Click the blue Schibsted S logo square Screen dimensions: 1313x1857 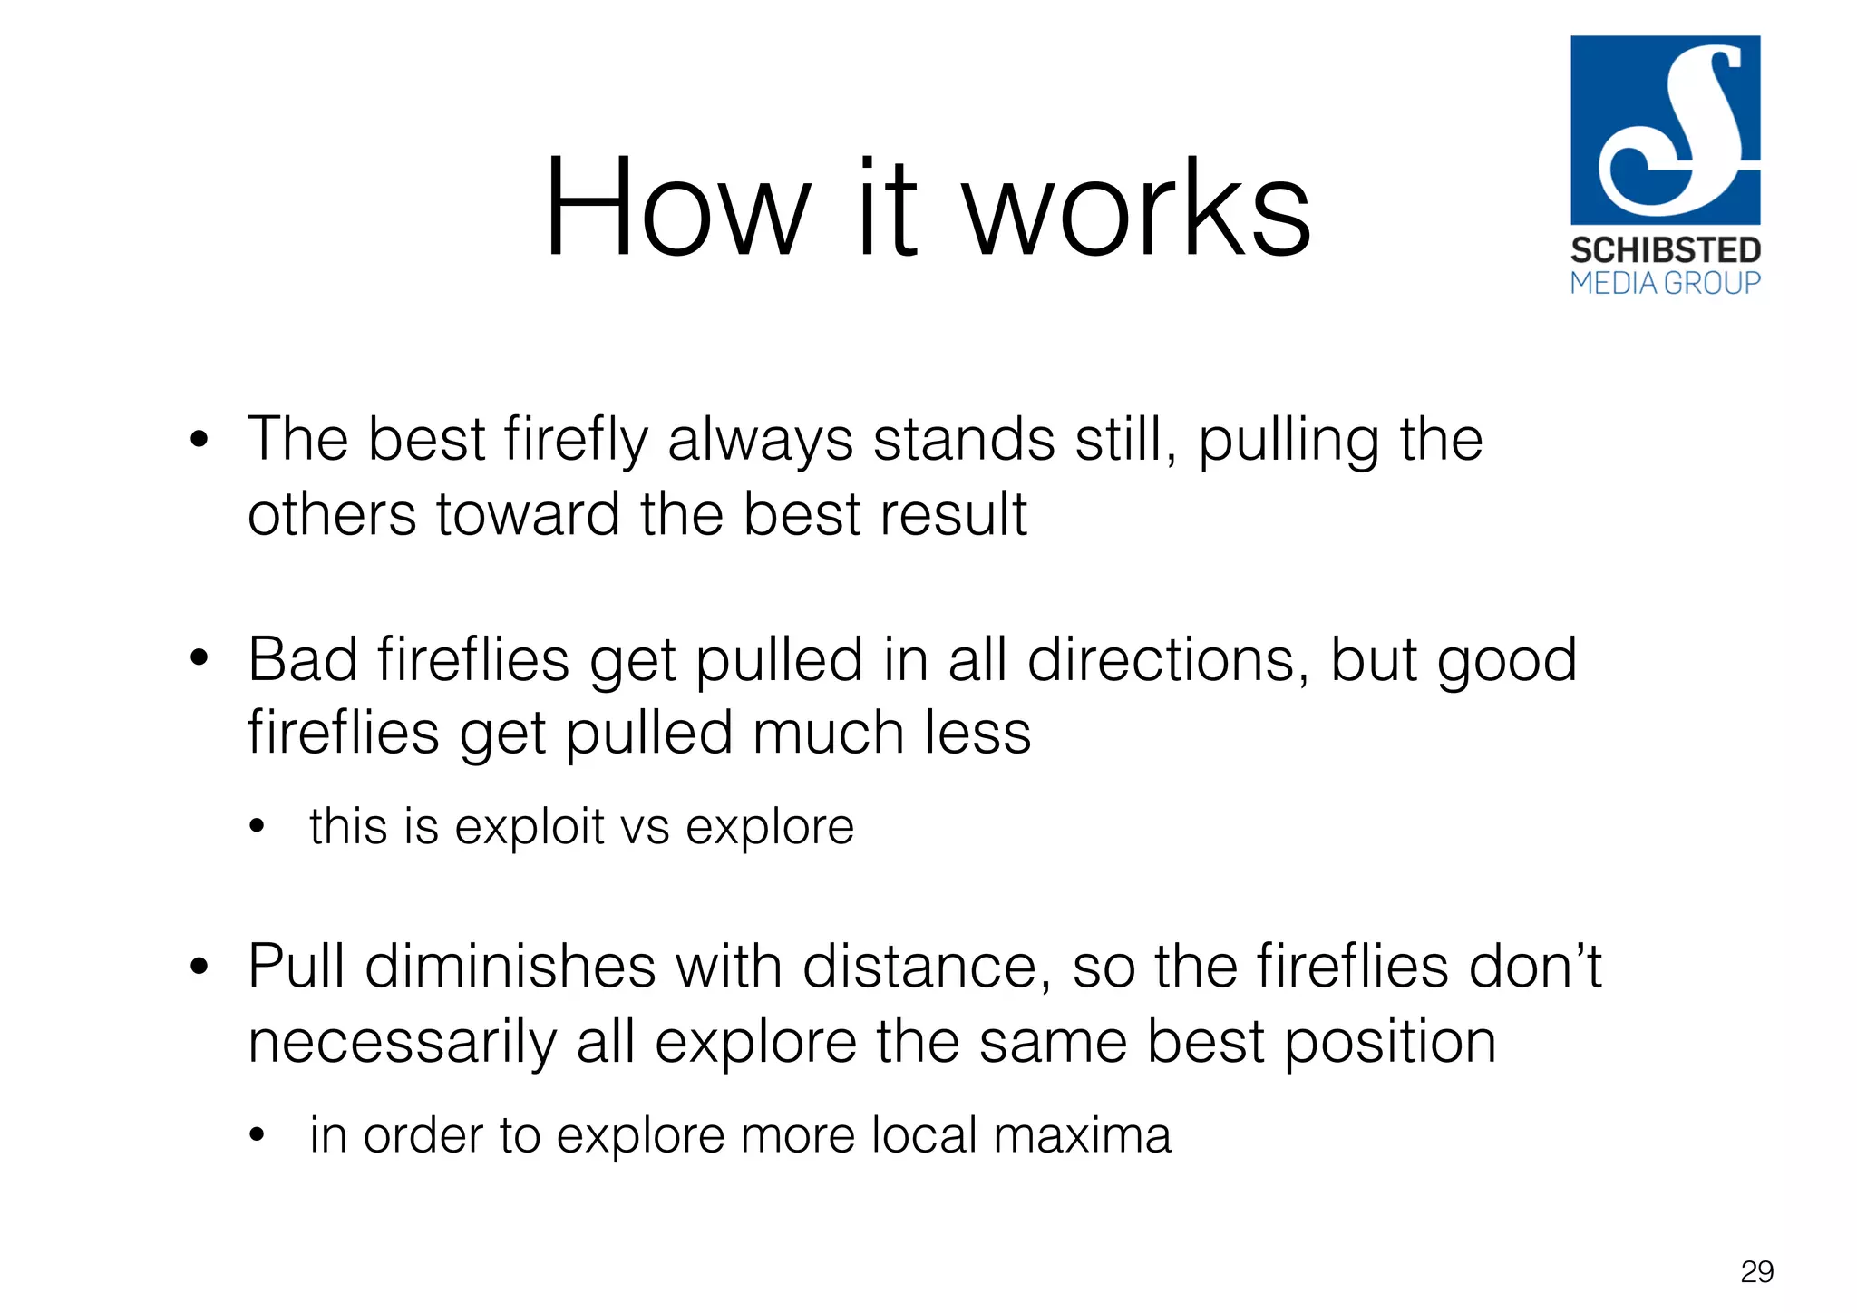[1665, 130]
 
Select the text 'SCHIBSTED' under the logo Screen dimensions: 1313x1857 [1665, 250]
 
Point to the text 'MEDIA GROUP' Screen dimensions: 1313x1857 [1665, 284]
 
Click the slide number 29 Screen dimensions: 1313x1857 [1756, 1272]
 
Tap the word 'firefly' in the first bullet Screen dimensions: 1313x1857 [576, 441]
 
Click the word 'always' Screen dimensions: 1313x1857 [760, 441]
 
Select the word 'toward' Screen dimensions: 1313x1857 [528, 515]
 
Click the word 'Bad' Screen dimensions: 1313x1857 [302, 659]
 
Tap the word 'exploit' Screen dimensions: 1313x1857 [530, 827]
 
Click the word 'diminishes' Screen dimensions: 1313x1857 [510, 967]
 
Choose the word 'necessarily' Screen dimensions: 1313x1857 [402, 1042]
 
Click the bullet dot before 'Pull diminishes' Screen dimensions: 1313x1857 [199, 968]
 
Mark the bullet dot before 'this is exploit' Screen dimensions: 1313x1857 [258, 827]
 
